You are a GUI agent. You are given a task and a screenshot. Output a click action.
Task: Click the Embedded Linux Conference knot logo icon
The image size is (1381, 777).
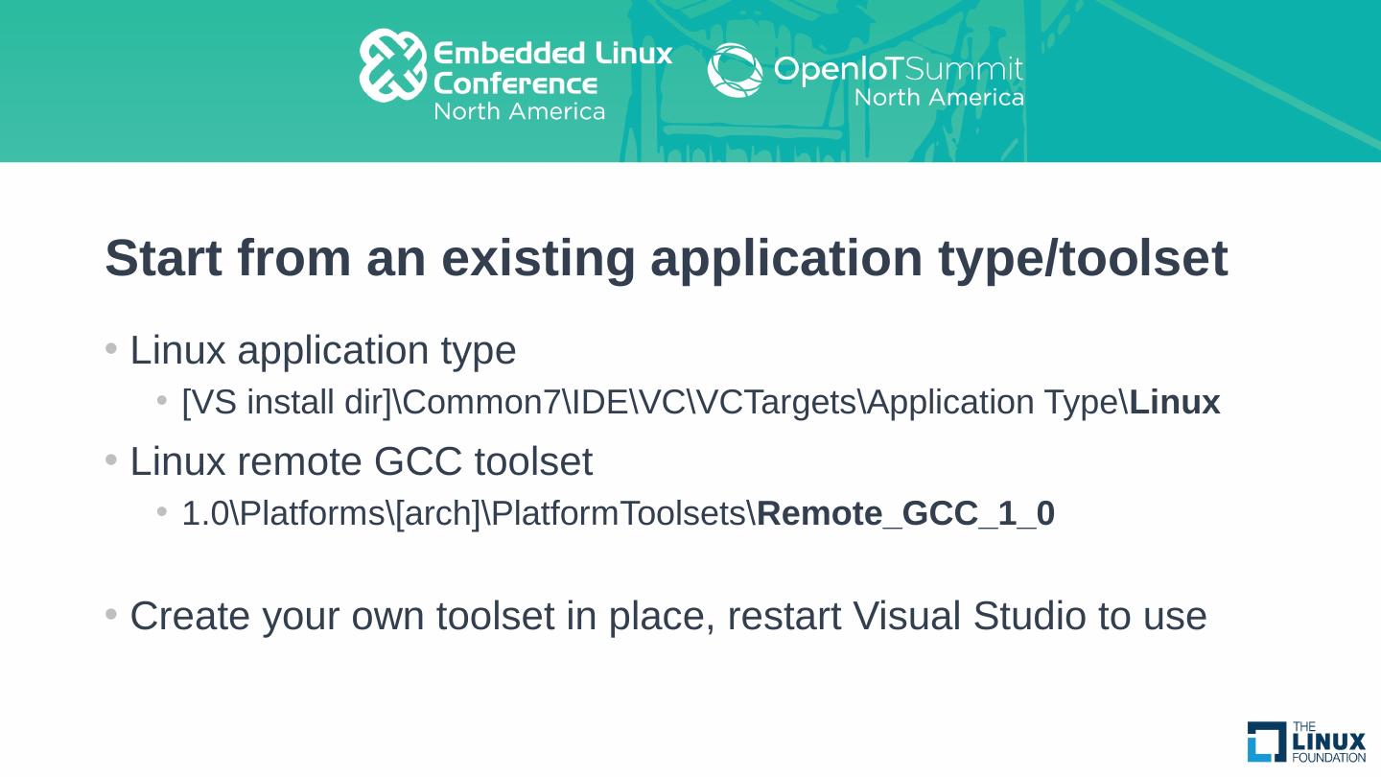pyautogui.click(x=392, y=65)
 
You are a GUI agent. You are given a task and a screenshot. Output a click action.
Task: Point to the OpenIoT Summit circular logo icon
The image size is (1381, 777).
pyautogui.click(x=736, y=70)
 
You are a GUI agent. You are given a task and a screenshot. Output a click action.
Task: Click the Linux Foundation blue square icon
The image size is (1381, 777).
pyautogui.click(x=1267, y=742)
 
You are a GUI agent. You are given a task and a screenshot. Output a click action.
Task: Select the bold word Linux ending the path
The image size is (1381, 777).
pyautogui.click(x=1175, y=403)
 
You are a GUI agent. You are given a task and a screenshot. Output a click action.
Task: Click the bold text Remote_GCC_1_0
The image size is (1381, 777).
pyautogui.click(x=905, y=514)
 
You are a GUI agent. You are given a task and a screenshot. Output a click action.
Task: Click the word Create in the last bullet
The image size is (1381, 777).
pyautogui.click(x=188, y=616)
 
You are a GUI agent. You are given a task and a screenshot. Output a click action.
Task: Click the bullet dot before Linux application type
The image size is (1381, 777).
pyautogui.click(x=111, y=348)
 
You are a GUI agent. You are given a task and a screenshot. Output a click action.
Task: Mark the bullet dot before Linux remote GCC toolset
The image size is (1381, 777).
pyautogui.click(x=111, y=461)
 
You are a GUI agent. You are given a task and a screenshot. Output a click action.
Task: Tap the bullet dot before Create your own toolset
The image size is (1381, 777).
pyautogui.click(x=111, y=614)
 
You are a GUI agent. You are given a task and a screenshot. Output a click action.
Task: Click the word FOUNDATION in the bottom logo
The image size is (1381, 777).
pyautogui.click(x=1329, y=758)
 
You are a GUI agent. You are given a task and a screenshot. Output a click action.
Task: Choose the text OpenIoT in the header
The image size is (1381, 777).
pyautogui.click(x=832, y=70)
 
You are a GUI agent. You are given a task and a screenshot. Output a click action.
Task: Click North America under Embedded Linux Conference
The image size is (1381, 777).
pyautogui.click(x=519, y=111)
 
